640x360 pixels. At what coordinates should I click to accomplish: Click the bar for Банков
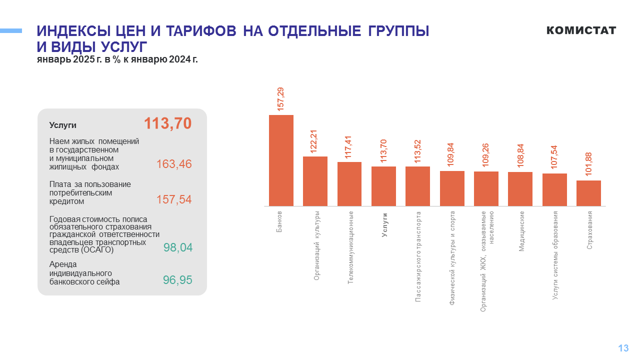281,160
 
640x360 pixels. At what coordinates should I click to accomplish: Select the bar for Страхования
588,193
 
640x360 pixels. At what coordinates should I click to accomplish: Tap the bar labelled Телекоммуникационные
349,184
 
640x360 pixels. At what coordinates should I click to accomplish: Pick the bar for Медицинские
520,189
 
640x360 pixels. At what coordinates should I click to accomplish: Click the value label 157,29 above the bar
280,99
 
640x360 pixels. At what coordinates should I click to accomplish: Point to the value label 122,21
314,141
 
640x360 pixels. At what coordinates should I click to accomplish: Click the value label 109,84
452,155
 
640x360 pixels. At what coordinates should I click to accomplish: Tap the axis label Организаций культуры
316,245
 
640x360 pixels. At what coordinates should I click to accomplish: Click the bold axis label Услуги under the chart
384,224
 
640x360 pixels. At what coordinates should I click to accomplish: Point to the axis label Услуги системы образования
555,255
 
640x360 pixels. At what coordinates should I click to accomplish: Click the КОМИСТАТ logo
581,30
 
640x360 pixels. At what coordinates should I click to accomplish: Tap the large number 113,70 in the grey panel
167,123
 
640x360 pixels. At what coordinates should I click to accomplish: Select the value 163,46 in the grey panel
174,164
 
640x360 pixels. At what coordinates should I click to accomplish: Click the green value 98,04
177,247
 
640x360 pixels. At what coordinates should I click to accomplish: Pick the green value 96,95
177,280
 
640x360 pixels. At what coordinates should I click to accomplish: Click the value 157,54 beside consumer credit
174,199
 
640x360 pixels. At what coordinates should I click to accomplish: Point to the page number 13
623,348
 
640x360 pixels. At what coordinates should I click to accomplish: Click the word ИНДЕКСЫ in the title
73,31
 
